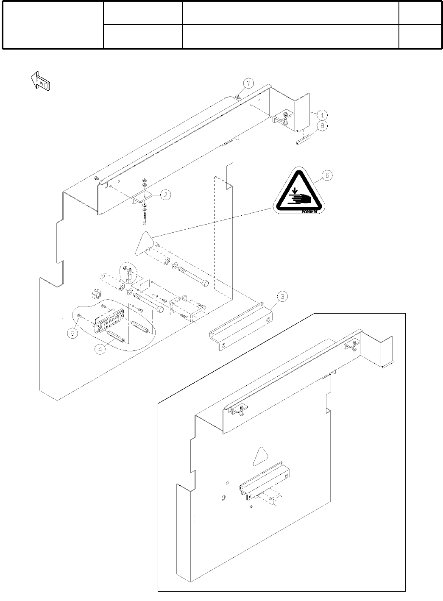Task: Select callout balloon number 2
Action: click(165, 195)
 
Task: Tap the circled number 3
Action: click(282, 297)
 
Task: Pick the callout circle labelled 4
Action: click(100, 350)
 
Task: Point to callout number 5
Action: click(73, 333)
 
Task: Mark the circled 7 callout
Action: click(248, 83)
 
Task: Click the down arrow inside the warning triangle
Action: click(294, 190)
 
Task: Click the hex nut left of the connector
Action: click(97, 294)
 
